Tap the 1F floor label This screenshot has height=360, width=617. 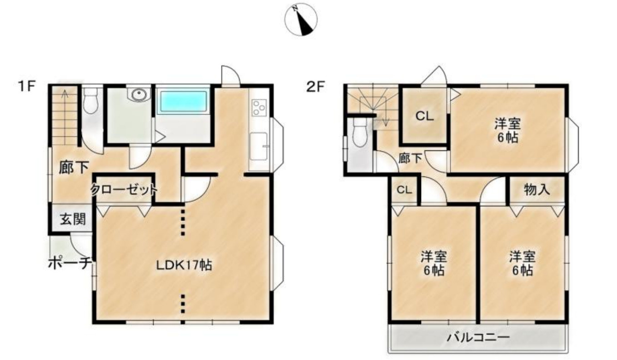pyautogui.click(x=26, y=86)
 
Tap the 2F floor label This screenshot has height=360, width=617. pyautogui.click(x=316, y=87)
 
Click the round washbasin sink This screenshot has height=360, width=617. pyautogui.click(x=139, y=95)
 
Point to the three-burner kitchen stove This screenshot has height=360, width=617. pyautogui.click(x=259, y=108)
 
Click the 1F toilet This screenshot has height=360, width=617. pyautogui.click(x=90, y=100)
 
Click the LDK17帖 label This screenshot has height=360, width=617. pyautogui.click(x=184, y=265)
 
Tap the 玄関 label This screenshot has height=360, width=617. pyautogui.click(x=73, y=220)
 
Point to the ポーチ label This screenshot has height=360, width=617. pyautogui.click(x=70, y=264)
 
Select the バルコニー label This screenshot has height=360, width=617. pyautogui.click(x=478, y=337)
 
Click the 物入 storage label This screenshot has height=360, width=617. pyautogui.click(x=537, y=190)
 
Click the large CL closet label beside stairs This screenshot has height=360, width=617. pyautogui.click(x=425, y=116)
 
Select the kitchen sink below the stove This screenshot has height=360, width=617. pyautogui.click(x=258, y=146)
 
